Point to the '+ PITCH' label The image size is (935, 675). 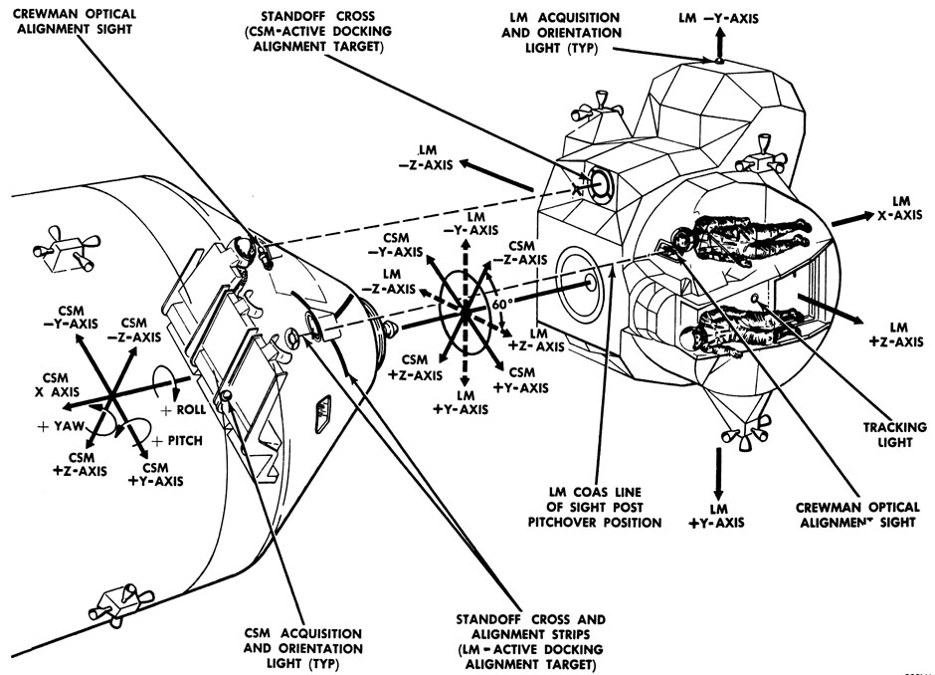click(178, 439)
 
